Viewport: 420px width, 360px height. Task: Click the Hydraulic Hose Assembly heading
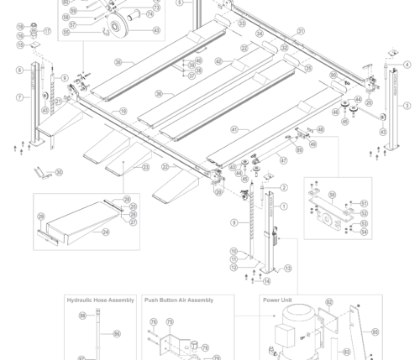coord(100,300)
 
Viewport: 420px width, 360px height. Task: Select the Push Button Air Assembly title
coord(178,300)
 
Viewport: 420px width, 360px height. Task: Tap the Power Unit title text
coord(277,300)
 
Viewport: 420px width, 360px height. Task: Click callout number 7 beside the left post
coord(18,97)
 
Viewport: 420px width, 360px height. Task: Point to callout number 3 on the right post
coord(407,106)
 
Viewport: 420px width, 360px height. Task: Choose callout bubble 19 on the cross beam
coord(123,111)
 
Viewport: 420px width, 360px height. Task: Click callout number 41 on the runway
coord(234,129)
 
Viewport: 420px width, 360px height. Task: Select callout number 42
coord(218,61)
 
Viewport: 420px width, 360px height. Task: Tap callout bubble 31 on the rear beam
coord(301,30)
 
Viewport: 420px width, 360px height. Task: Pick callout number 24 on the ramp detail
coord(105,232)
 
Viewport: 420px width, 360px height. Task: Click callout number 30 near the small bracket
coord(59,172)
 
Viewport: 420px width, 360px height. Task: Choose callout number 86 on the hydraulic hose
coord(117,334)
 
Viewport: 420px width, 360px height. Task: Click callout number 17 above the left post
coord(48,32)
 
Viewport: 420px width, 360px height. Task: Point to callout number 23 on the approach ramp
coord(145,167)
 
